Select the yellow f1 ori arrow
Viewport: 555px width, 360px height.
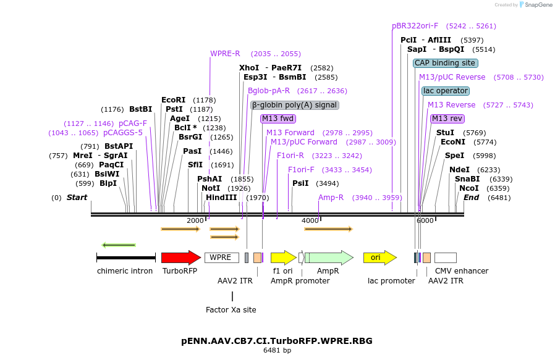click(283, 257)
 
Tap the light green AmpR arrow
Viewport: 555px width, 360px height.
click(329, 257)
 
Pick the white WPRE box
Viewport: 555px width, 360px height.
click(221, 257)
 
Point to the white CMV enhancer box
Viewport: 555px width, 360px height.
click(445, 257)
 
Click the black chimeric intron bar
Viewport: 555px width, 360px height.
click(126, 257)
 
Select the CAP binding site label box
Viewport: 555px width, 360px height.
click(445, 63)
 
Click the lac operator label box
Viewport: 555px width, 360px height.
click(445, 91)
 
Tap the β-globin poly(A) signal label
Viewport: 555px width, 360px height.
click(294, 105)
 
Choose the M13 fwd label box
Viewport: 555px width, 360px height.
click(277, 119)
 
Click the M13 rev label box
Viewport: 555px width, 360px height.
click(447, 119)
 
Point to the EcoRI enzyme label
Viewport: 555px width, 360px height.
click(173, 100)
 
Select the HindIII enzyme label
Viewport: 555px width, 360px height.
click(221, 198)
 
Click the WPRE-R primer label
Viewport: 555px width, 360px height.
click(225, 54)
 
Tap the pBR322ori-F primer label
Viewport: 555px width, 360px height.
click(415, 26)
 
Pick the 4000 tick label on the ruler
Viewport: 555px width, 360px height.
click(310, 220)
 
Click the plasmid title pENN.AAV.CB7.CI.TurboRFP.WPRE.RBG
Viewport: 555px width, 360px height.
click(277, 341)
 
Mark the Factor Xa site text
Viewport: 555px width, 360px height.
click(231, 309)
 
